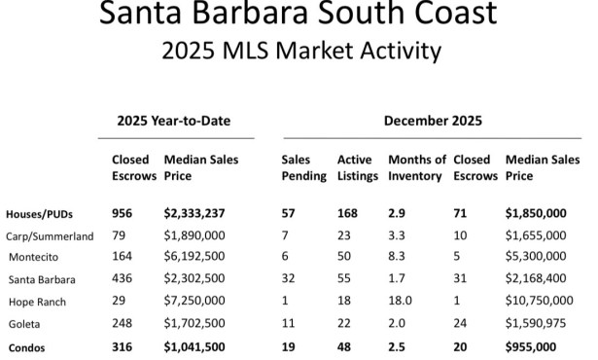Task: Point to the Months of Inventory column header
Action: tap(416, 167)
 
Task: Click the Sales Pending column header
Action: tap(300, 167)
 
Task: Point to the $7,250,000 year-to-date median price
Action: tap(199, 302)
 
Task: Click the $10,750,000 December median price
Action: tap(544, 302)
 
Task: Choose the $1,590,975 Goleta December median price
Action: tap(540, 324)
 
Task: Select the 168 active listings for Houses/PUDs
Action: tap(347, 213)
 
